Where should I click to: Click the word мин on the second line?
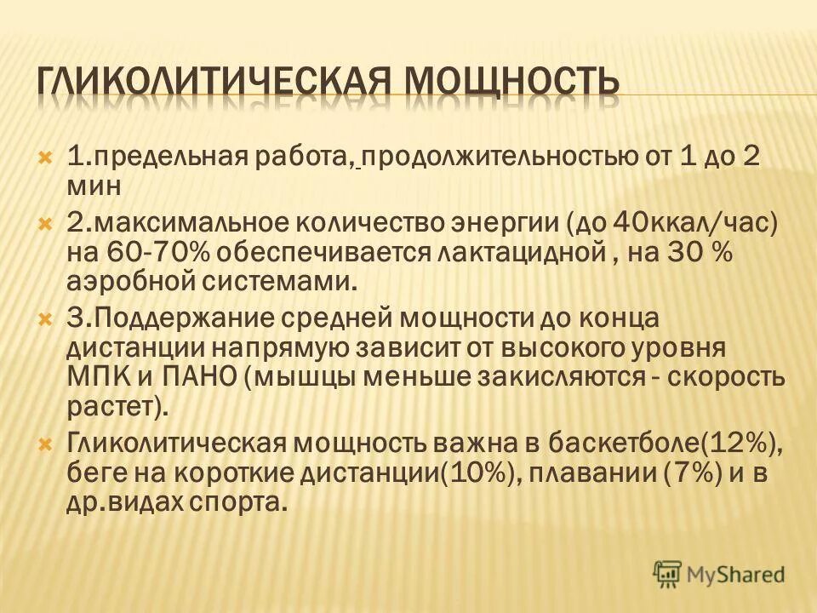[93, 184]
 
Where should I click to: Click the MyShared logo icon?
[668, 573]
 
